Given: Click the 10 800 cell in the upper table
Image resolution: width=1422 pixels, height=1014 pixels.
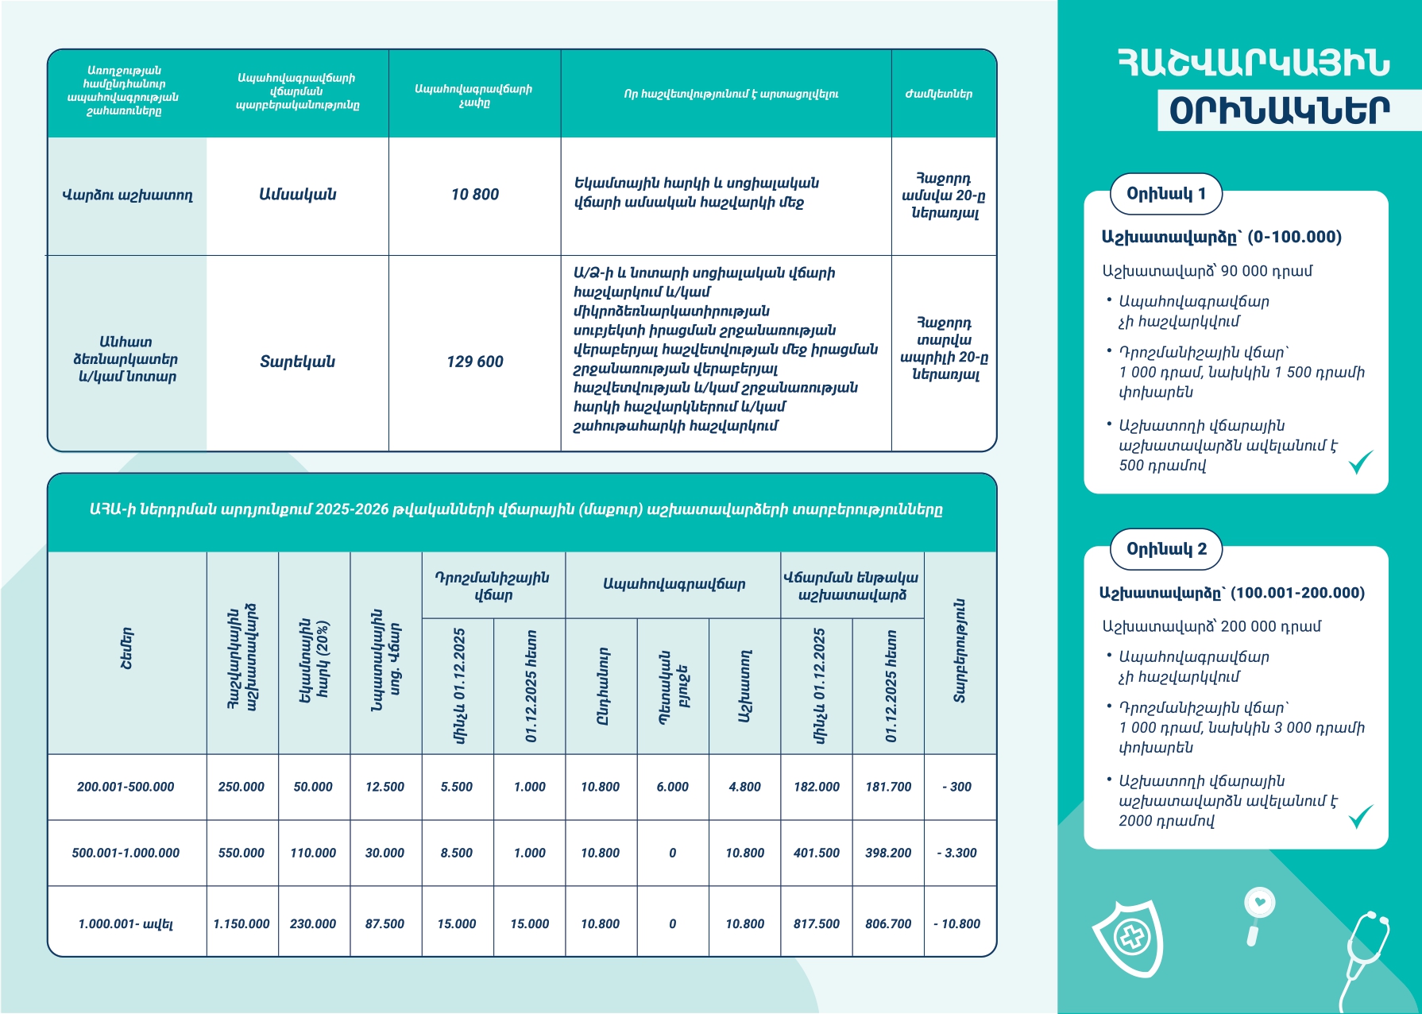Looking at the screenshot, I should click(x=475, y=195).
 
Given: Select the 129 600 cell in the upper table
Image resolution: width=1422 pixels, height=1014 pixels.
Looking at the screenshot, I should click(x=475, y=362).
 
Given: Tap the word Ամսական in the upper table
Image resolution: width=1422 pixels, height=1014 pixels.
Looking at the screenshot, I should click(x=298, y=195).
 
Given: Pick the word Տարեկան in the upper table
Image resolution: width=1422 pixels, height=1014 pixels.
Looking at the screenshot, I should click(x=298, y=362).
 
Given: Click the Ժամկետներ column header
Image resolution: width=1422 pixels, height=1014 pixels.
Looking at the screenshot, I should click(x=939, y=94).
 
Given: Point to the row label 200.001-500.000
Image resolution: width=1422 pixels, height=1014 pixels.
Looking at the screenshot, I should click(x=126, y=787).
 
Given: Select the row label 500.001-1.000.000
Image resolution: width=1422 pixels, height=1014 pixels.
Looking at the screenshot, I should click(x=126, y=853).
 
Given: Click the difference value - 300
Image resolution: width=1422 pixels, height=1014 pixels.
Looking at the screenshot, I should click(x=957, y=787).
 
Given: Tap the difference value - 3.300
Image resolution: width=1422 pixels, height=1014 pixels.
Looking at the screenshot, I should click(x=957, y=853).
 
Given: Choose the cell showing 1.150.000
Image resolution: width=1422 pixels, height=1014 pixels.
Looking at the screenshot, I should click(x=242, y=923).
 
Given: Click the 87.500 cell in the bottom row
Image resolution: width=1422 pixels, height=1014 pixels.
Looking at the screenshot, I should click(x=384, y=923).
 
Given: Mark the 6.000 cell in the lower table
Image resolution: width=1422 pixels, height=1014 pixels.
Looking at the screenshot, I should click(x=673, y=787).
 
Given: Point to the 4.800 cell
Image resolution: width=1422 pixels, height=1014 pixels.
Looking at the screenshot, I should click(x=745, y=787).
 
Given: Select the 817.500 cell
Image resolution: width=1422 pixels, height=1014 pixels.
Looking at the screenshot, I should click(x=817, y=923).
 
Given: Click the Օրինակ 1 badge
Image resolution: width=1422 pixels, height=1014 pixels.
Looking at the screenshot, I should click(x=1166, y=194).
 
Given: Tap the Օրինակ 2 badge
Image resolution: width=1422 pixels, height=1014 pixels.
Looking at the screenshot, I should click(x=1166, y=549).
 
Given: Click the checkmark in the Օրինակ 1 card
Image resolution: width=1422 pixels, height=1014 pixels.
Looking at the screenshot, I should click(x=1361, y=461).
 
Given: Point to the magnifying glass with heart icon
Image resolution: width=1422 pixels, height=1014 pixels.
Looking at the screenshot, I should click(x=1258, y=910).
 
